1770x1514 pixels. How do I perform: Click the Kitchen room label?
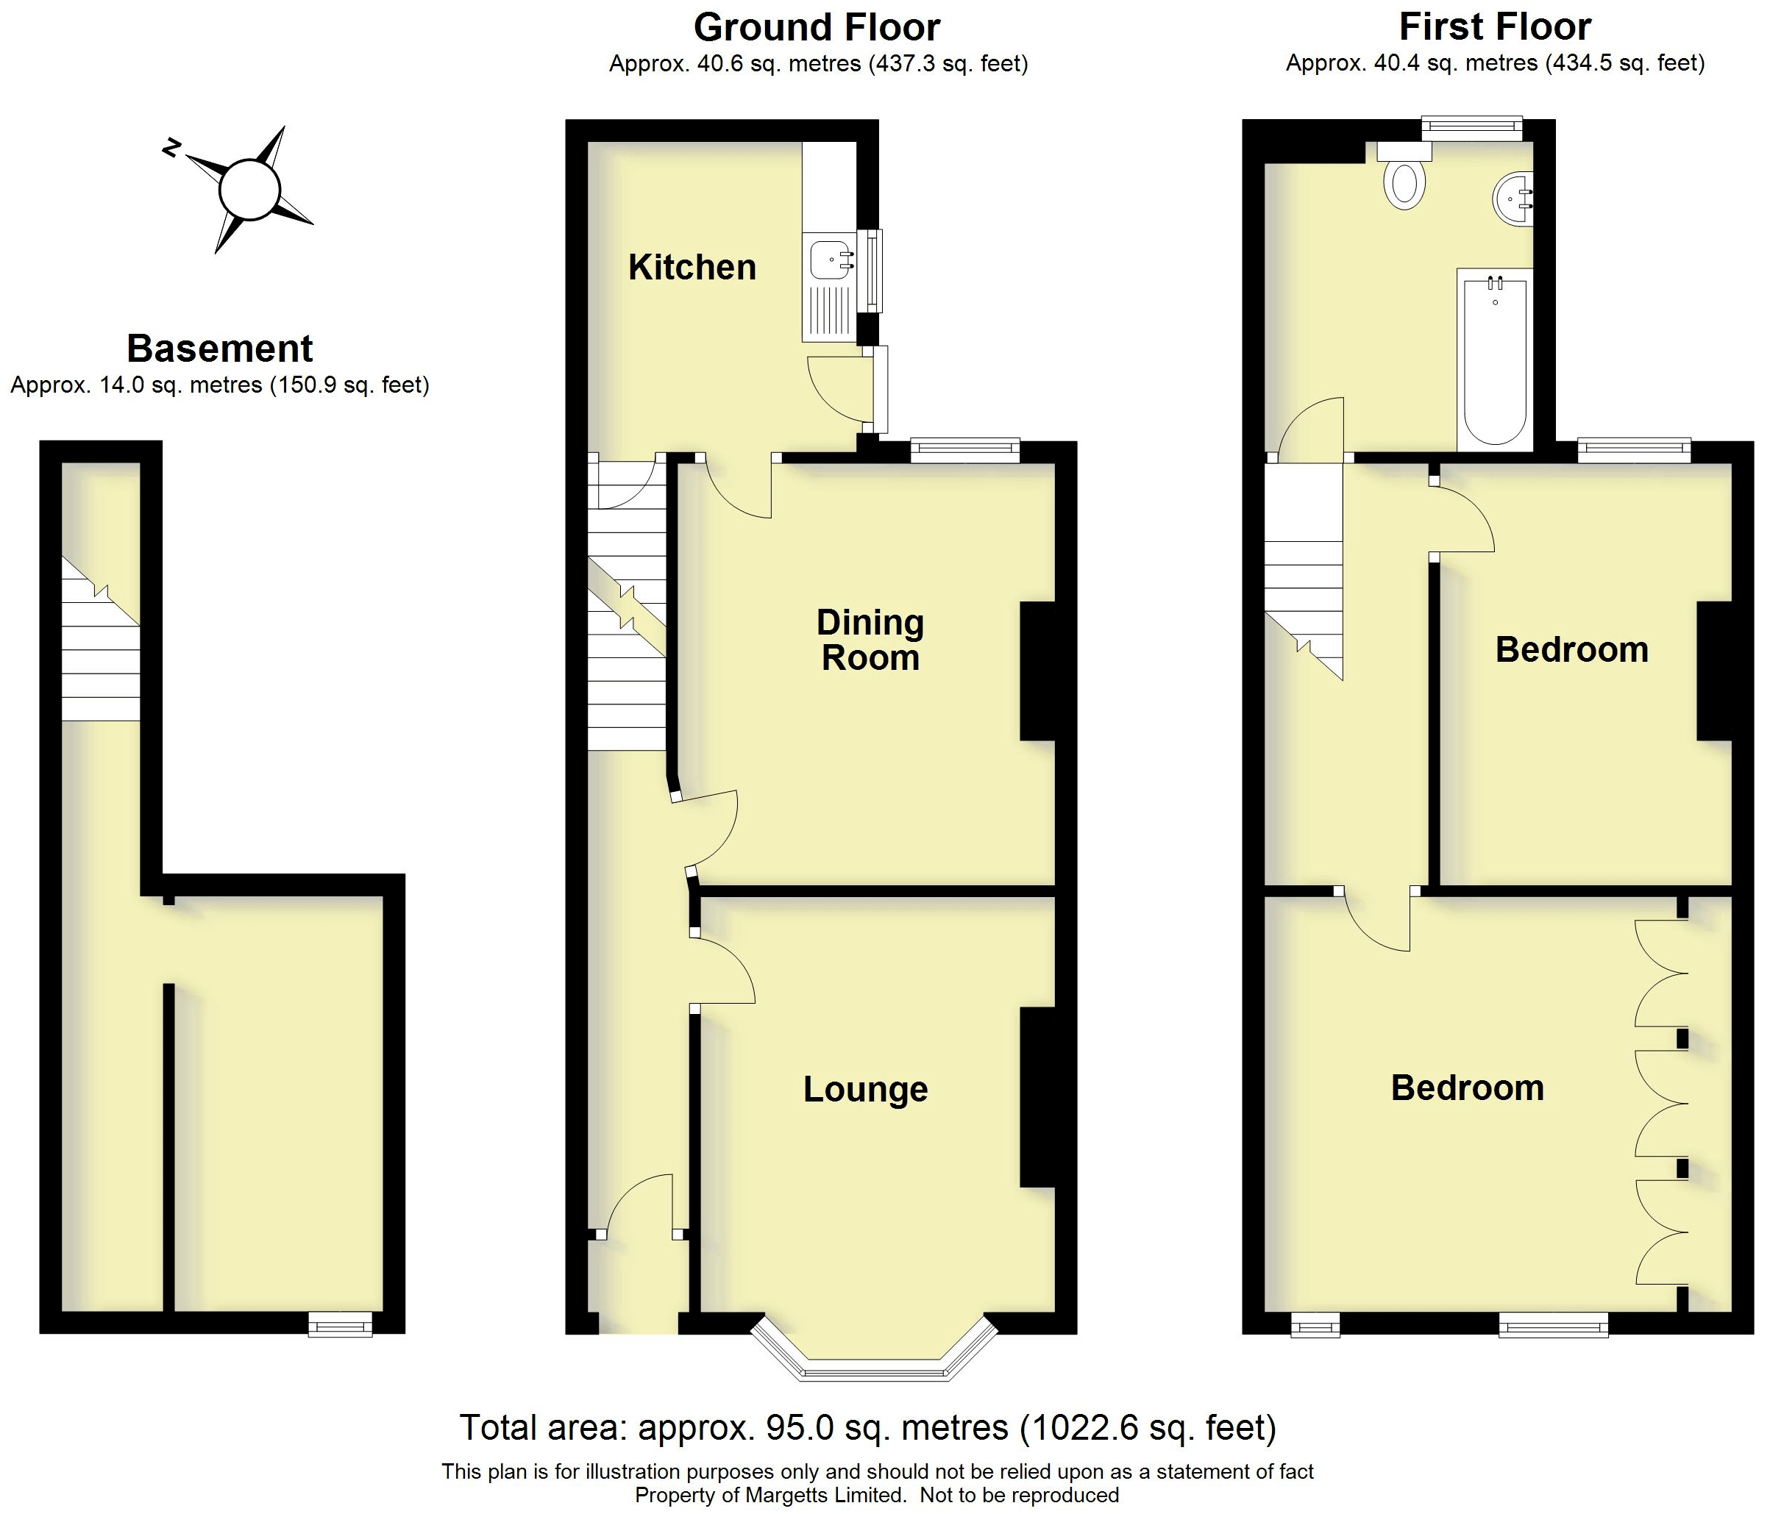point(692,267)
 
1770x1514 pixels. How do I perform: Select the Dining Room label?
point(870,640)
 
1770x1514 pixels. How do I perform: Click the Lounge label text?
point(864,1090)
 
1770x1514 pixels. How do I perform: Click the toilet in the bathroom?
point(1404,182)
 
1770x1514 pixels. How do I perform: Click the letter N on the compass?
point(171,147)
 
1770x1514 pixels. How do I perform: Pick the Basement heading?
point(219,349)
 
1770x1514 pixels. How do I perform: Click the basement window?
point(341,1324)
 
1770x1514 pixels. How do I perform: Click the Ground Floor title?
point(816,27)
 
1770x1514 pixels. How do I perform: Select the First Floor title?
point(1494,26)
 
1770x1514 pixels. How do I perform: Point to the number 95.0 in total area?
point(799,1427)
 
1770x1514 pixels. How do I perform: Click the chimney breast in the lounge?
point(1038,1097)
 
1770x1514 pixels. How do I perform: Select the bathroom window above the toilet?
point(1471,129)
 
